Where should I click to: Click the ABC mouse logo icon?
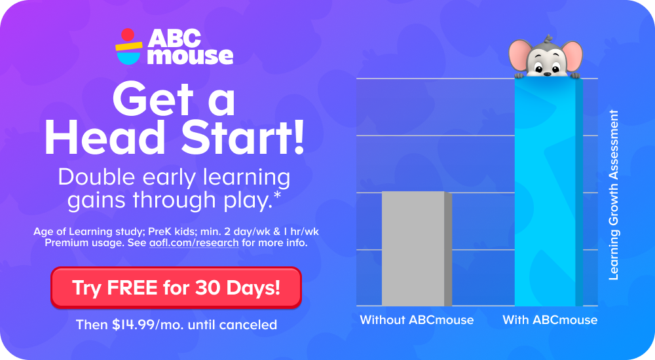tap(128, 46)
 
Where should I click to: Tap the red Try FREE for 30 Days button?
tap(176, 287)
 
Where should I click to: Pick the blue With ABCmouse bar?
tap(548, 196)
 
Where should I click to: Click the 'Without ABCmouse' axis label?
tap(417, 320)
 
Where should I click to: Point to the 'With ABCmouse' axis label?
tap(550, 320)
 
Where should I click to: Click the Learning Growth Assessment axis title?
tap(614, 195)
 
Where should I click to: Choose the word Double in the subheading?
tap(96, 177)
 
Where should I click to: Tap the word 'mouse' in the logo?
tap(190, 56)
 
